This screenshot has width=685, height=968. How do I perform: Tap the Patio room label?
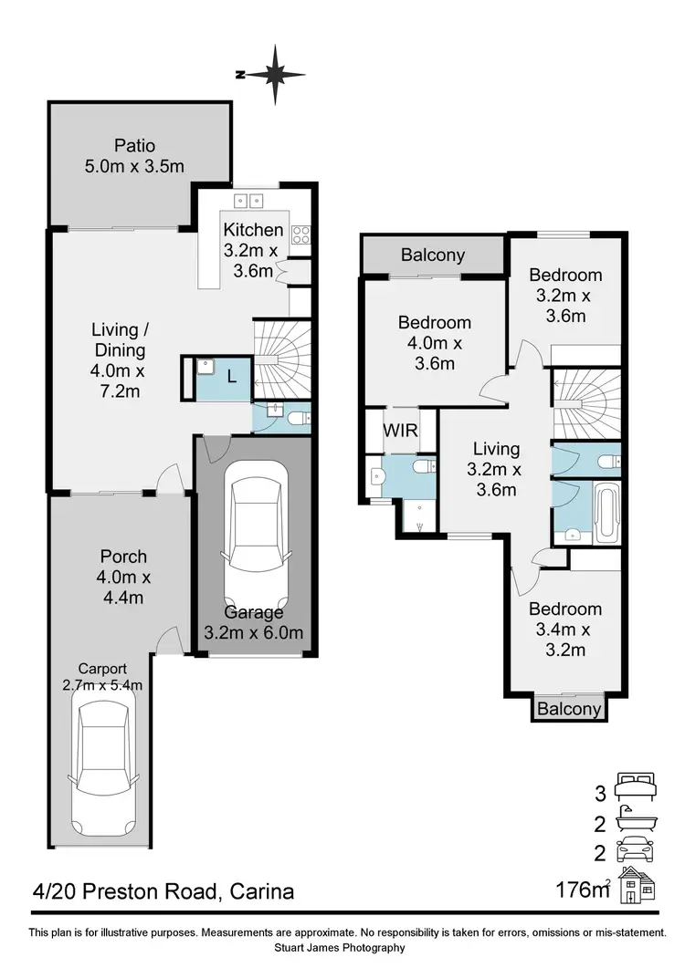[x=135, y=145]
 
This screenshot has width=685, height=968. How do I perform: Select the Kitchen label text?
[x=254, y=230]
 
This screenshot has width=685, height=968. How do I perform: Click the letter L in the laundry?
[x=231, y=375]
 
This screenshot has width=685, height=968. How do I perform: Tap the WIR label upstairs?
[x=400, y=430]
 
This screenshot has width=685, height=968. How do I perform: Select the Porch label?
[x=123, y=557]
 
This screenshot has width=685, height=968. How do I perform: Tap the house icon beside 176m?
[x=638, y=886]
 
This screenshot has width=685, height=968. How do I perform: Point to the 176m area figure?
[x=582, y=889]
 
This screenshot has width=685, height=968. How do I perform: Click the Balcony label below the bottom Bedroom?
[x=569, y=709]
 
